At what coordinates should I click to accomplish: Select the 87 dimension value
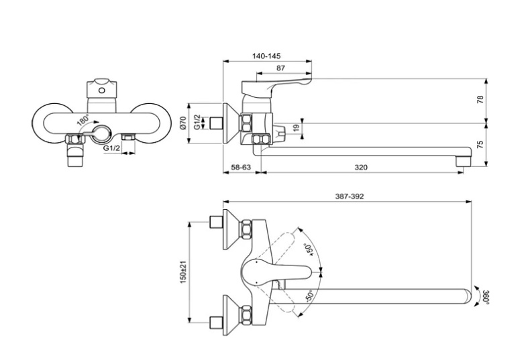tap(280, 68)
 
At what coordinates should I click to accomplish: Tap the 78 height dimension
tap(479, 100)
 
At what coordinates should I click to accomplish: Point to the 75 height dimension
tap(479, 143)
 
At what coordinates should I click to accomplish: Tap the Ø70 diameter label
tap(184, 123)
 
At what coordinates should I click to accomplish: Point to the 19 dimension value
tap(296, 128)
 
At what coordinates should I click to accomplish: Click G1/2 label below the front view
tap(111, 149)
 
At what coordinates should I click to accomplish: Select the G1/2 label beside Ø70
tap(197, 122)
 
